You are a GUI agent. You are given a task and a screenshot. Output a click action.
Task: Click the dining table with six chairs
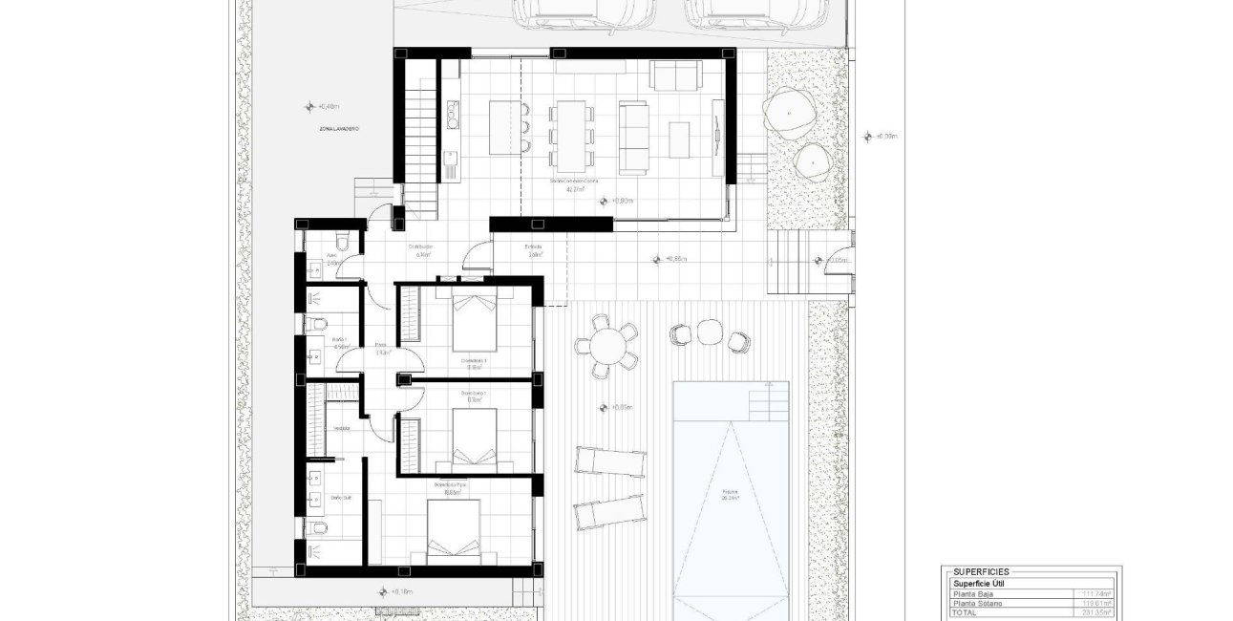(x=571, y=133)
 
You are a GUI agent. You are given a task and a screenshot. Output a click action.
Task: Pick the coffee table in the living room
(x=680, y=139)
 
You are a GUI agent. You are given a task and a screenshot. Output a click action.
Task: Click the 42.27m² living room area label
(x=574, y=188)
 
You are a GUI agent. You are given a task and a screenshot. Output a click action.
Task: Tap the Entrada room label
(x=533, y=247)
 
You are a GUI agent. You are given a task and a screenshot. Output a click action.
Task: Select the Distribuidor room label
(x=421, y=247)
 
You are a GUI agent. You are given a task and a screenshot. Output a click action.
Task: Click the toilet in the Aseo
(x=343, y=241)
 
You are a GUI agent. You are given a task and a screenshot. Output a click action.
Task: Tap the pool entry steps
(x=769, y=401)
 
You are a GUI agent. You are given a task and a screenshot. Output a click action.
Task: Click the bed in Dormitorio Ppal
(x=453, y=530)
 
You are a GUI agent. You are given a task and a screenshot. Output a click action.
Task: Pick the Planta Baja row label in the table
(x=972, y=594)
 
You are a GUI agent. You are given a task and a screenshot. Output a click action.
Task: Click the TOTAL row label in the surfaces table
(x=964, y=613)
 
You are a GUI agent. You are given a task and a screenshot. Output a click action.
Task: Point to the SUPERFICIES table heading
(x=982, y=571)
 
